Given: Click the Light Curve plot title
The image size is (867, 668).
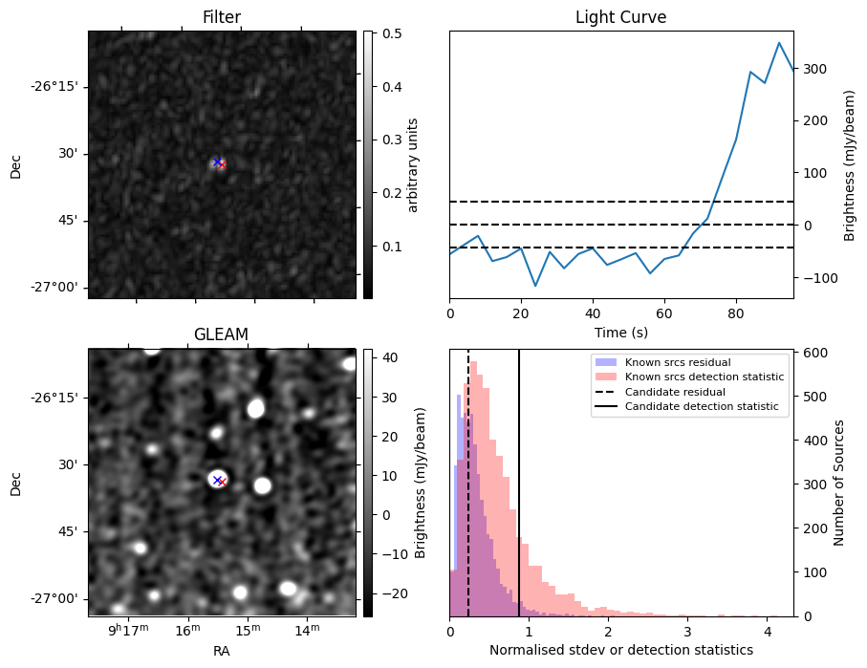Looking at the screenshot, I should pyautogui.click(x=620, y=17).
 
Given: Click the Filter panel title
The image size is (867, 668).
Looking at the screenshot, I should pyautogui.click(x=222, y=17).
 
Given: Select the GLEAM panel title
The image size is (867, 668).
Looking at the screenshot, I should pyautogui.click(x=222, y=334).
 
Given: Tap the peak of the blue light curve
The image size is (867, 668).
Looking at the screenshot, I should pyautogui.click(x=779, y=43).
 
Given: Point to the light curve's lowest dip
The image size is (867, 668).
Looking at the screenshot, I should pyautogui.click(x=535, y=286).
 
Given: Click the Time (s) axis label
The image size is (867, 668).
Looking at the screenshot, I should pyautogui.click(x=620, y=330).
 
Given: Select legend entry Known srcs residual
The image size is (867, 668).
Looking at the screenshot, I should pyautogui.click(x=677, y=363).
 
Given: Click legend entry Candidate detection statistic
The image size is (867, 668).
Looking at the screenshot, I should pyautogui.click(x=701, y=407).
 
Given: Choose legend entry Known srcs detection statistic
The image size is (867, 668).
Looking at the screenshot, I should pyautogui.click(x=704, y=377).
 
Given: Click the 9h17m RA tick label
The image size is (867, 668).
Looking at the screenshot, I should pyautogui.click(x=128, y=630).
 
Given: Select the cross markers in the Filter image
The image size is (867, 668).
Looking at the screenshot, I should pyautogui.click(x=219, y=163).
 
